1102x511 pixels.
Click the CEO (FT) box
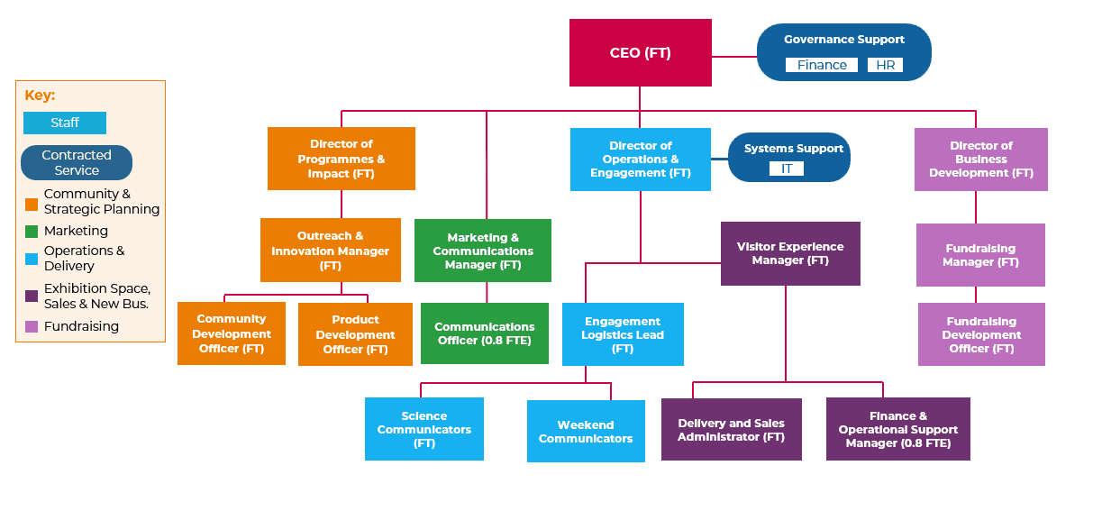click(640, 53)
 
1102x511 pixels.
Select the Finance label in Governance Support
click(822, 65)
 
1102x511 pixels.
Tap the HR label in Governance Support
click(884, 65)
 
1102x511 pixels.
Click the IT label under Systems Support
click(787, 169)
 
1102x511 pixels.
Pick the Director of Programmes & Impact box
click(341, 159)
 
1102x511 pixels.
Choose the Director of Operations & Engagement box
click(640, 160)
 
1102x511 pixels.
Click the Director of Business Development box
click(980, 160)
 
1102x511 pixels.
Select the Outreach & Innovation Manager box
click(330, 251)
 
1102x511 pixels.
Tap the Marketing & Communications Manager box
click(483, 251)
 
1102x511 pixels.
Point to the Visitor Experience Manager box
click(790, 253)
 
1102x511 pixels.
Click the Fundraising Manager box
click(980, 255)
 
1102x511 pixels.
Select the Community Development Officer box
click(232, 333)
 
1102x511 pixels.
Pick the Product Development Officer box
click(355, 334)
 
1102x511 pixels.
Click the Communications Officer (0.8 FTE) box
click(485, 333)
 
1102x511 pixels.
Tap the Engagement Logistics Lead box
click(623, 334)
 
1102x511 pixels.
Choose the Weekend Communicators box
click(586, 432)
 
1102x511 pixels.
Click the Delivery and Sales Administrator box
click(731, 430)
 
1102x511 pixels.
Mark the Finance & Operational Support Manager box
click(897, 429)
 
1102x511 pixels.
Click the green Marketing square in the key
click(32, 232)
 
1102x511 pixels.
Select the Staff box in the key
click(65, 123)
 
